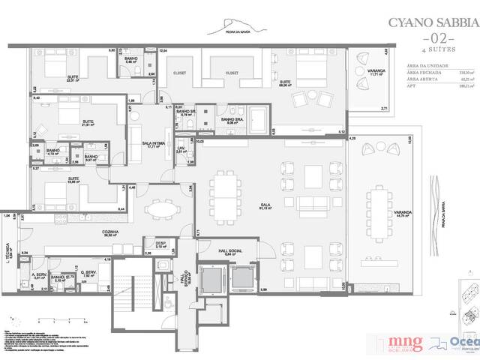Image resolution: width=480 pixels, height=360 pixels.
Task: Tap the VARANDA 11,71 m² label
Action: [x=376, y=72]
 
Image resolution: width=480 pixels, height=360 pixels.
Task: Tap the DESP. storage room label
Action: [x=160, y=244]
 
